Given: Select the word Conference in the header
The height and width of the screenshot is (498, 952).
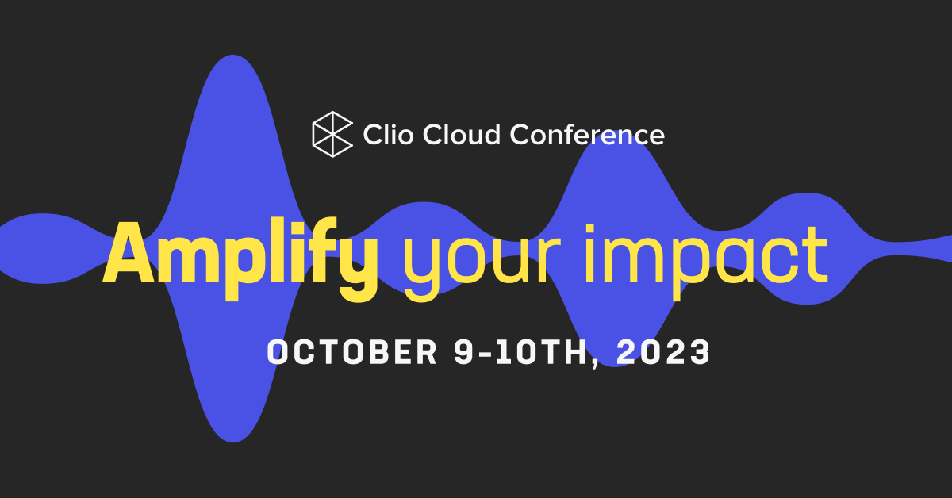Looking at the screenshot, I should tap(586, 134).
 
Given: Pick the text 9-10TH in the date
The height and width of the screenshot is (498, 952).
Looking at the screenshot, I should tap(524, 352).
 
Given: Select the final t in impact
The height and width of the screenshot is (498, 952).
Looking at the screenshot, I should tap(813, 256).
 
